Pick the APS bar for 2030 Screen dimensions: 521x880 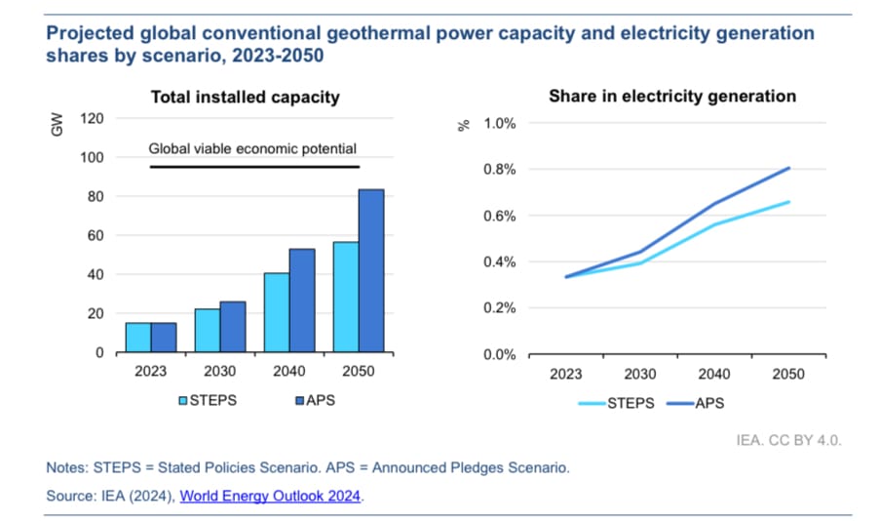coord(232,327)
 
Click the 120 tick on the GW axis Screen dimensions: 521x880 coord(93,119)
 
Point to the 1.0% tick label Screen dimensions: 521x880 coord(500,124)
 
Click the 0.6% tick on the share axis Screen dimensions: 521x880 coord(500,216)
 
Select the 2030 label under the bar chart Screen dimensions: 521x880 coord(219,372)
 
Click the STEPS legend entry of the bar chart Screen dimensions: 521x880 coord(210,400)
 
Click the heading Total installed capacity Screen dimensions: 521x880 coord(244,97)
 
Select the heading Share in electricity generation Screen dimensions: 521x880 coord(672,97)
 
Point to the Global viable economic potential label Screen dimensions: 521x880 coord(252,149)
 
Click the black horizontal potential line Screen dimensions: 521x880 coord(253,167)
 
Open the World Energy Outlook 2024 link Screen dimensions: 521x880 coord(270,496)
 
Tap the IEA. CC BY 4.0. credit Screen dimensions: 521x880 coord(788,440)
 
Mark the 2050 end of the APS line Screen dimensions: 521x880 coord(787,168)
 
